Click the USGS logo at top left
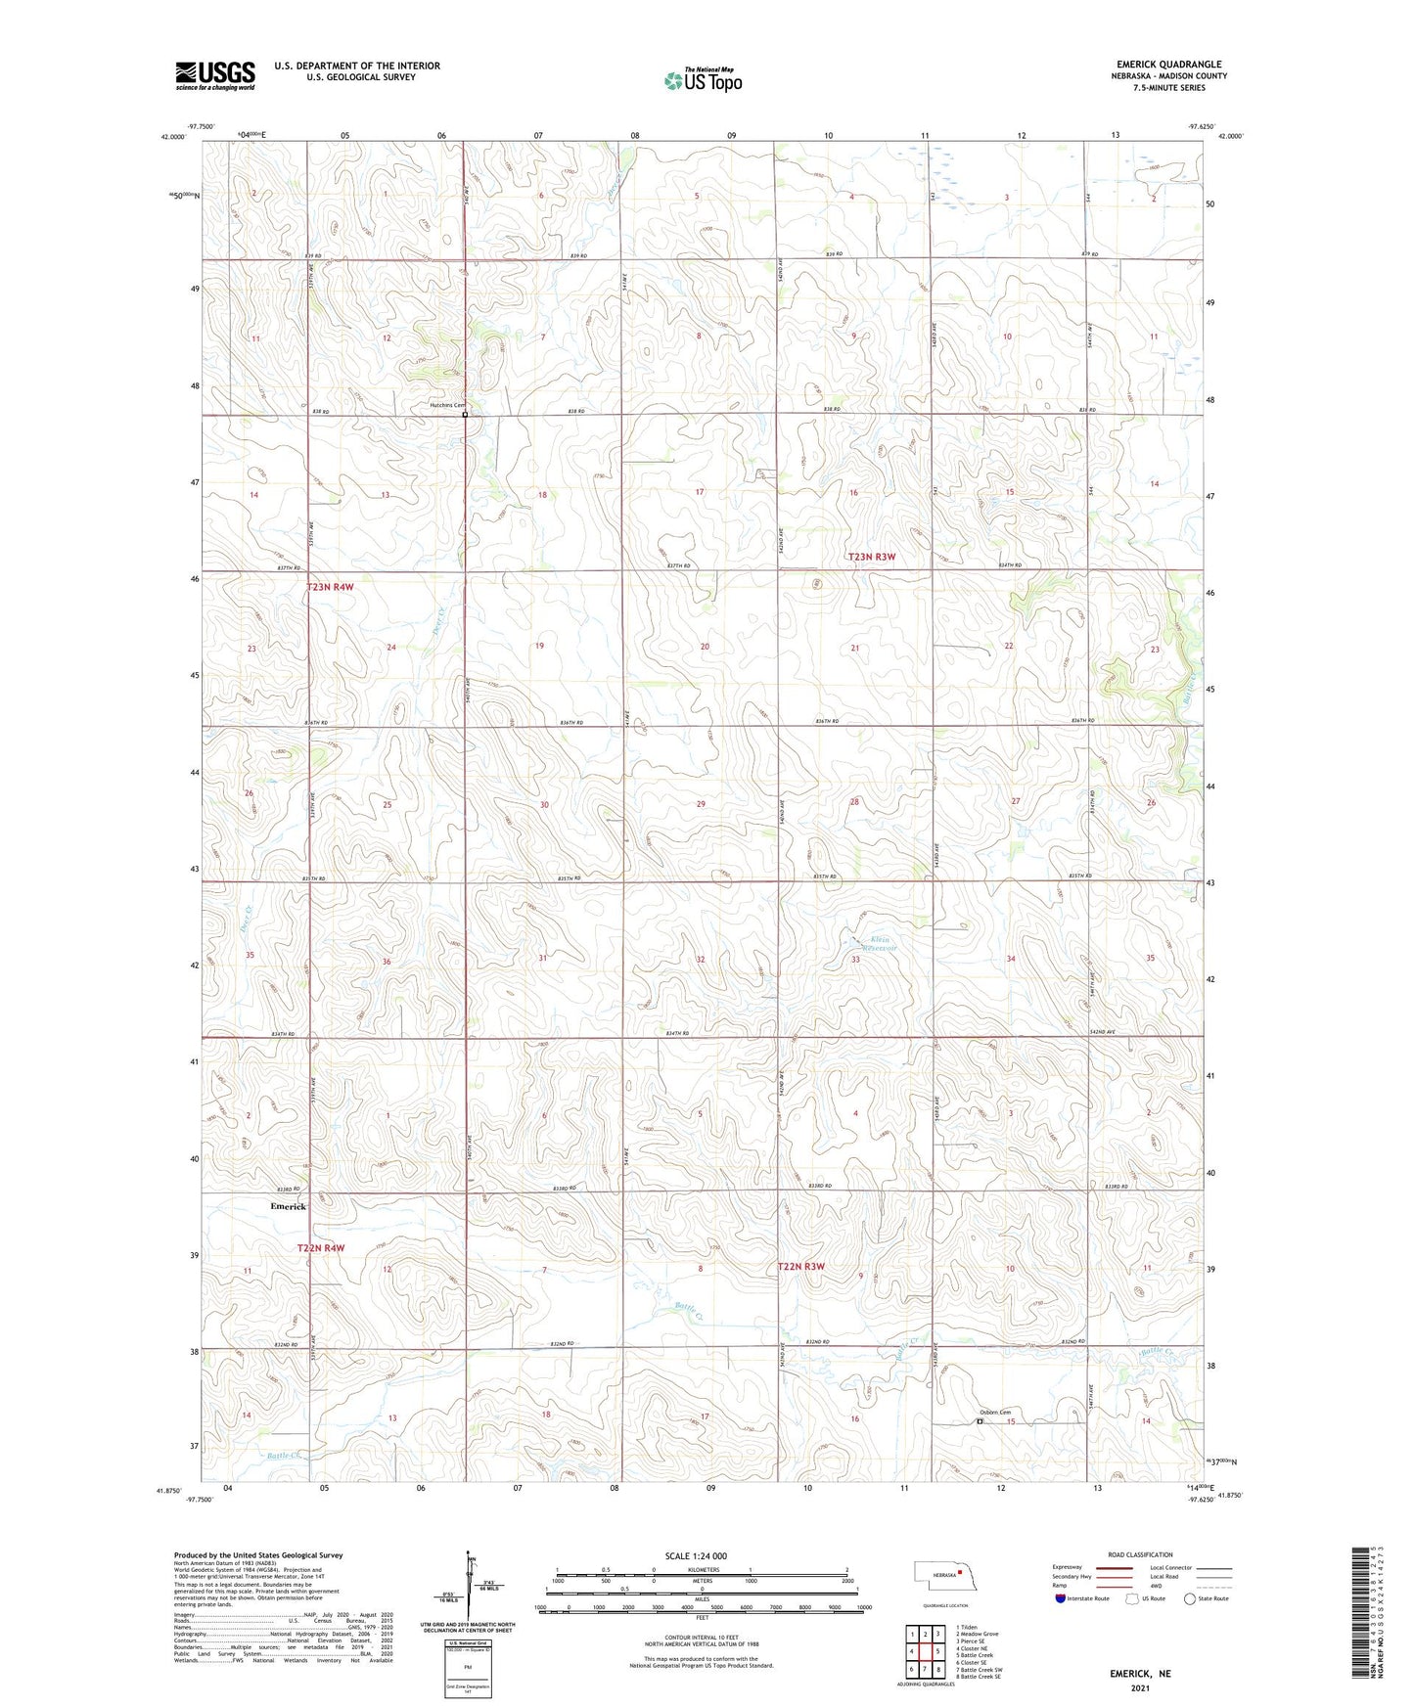214,75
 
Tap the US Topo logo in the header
703,80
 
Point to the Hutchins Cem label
445,405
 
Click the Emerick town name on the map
288,1206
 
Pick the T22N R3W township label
800,1267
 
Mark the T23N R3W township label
871,557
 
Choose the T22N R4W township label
321,1248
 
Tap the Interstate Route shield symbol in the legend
1060,1598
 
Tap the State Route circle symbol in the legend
1190,1598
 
